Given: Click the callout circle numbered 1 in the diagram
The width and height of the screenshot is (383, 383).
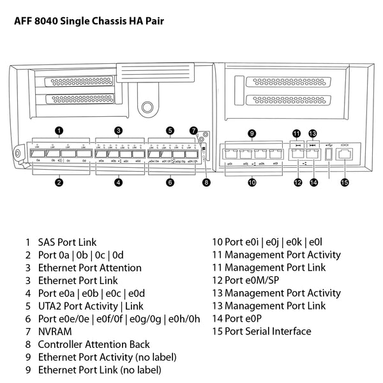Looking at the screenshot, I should tap(59, 131).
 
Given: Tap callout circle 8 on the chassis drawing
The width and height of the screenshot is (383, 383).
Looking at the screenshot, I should tap(206, 183).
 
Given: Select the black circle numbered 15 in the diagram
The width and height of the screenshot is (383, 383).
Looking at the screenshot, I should tap(345, 183).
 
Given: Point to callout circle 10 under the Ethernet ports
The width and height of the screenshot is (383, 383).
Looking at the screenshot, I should tap(252, 183).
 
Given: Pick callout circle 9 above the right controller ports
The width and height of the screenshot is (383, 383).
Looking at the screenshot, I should tap(252, 133).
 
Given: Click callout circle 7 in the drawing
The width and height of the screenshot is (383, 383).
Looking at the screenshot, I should tap(195, 131).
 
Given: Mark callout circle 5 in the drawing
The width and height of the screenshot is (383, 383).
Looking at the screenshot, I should tap(170, 131).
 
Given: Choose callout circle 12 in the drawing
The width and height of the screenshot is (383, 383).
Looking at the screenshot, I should tap(297, 183).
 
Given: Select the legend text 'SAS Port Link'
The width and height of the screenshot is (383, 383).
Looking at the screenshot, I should tap(67, 243).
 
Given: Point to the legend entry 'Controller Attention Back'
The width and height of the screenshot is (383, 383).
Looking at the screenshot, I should tap(94, 344).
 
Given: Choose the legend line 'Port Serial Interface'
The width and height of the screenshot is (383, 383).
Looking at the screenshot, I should tap(267, 331).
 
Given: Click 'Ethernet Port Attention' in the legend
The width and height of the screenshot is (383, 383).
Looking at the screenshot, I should tap(90, 268).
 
